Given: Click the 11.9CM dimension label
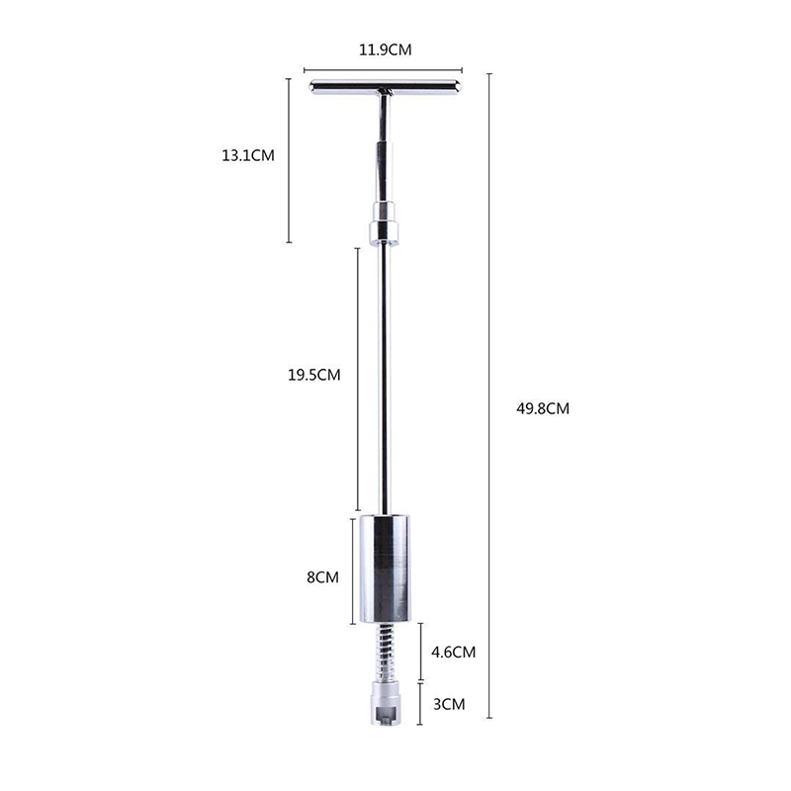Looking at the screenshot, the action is coord(385,50).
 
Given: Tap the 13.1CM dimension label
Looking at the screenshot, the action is coord(248,155).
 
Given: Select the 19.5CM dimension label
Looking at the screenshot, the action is coord(314,375).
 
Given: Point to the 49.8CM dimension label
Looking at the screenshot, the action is coord(543,408).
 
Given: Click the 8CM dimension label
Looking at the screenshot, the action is coord(323,577).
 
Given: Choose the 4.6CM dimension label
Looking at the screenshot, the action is coord(454,653).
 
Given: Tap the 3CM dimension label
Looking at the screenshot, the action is coord(449,704).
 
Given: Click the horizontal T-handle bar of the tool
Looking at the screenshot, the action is coord(386,87).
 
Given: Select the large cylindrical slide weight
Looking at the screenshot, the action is coord(385,569).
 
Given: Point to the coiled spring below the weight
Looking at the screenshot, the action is coord(386,652).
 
